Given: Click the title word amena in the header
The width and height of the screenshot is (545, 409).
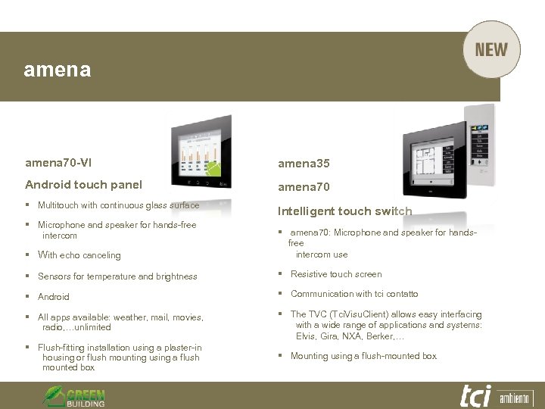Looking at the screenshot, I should click(58, 70).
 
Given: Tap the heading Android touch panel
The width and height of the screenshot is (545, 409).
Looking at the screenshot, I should click(83, 184).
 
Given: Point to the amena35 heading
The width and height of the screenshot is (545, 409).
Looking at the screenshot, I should click(304, 164).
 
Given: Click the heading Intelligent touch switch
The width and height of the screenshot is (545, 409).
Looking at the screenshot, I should click(344, 211).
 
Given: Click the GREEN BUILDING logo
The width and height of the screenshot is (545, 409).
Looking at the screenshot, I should click(73, 396).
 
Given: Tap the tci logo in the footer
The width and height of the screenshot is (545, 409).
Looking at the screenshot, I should click(475, 395).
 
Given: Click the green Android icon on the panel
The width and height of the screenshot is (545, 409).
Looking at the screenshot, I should click(215, 169).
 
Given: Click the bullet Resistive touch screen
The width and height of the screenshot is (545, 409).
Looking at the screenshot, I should click(336, 274).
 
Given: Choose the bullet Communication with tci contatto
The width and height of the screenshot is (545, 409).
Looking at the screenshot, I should click(354, 294).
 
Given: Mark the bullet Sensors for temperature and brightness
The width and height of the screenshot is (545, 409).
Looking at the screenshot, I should click(117, 276).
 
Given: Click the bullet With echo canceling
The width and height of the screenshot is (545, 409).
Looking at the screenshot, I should click(79, 255).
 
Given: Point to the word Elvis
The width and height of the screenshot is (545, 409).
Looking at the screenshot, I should click(307, 336).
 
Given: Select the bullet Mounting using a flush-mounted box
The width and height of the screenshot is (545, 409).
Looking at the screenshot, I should click(363, 356).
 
